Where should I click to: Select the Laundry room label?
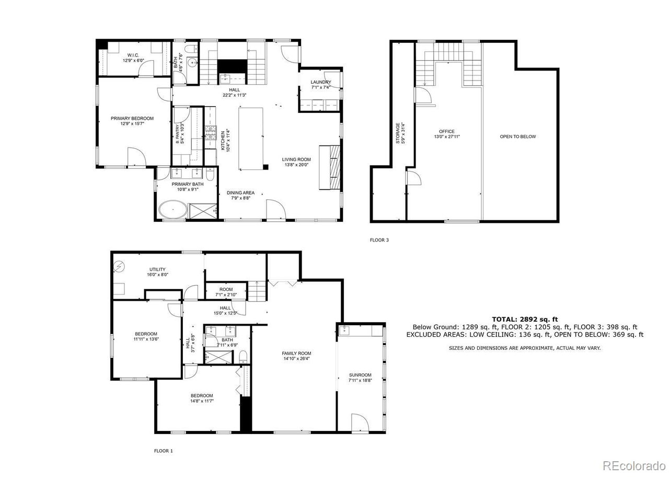[320, 82]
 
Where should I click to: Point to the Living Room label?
[296, 159]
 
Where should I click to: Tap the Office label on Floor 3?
[446, 131]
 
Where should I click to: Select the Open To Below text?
[517, 136]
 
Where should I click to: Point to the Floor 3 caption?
[379, 241]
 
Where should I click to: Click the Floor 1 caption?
[163, 451]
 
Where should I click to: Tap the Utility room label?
[157, 269]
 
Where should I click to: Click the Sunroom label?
[360, 375]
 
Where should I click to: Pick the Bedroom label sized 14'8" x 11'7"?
[201, 395]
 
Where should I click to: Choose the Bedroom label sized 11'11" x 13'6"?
[146, 334]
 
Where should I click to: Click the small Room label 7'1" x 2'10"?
[226, 289]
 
